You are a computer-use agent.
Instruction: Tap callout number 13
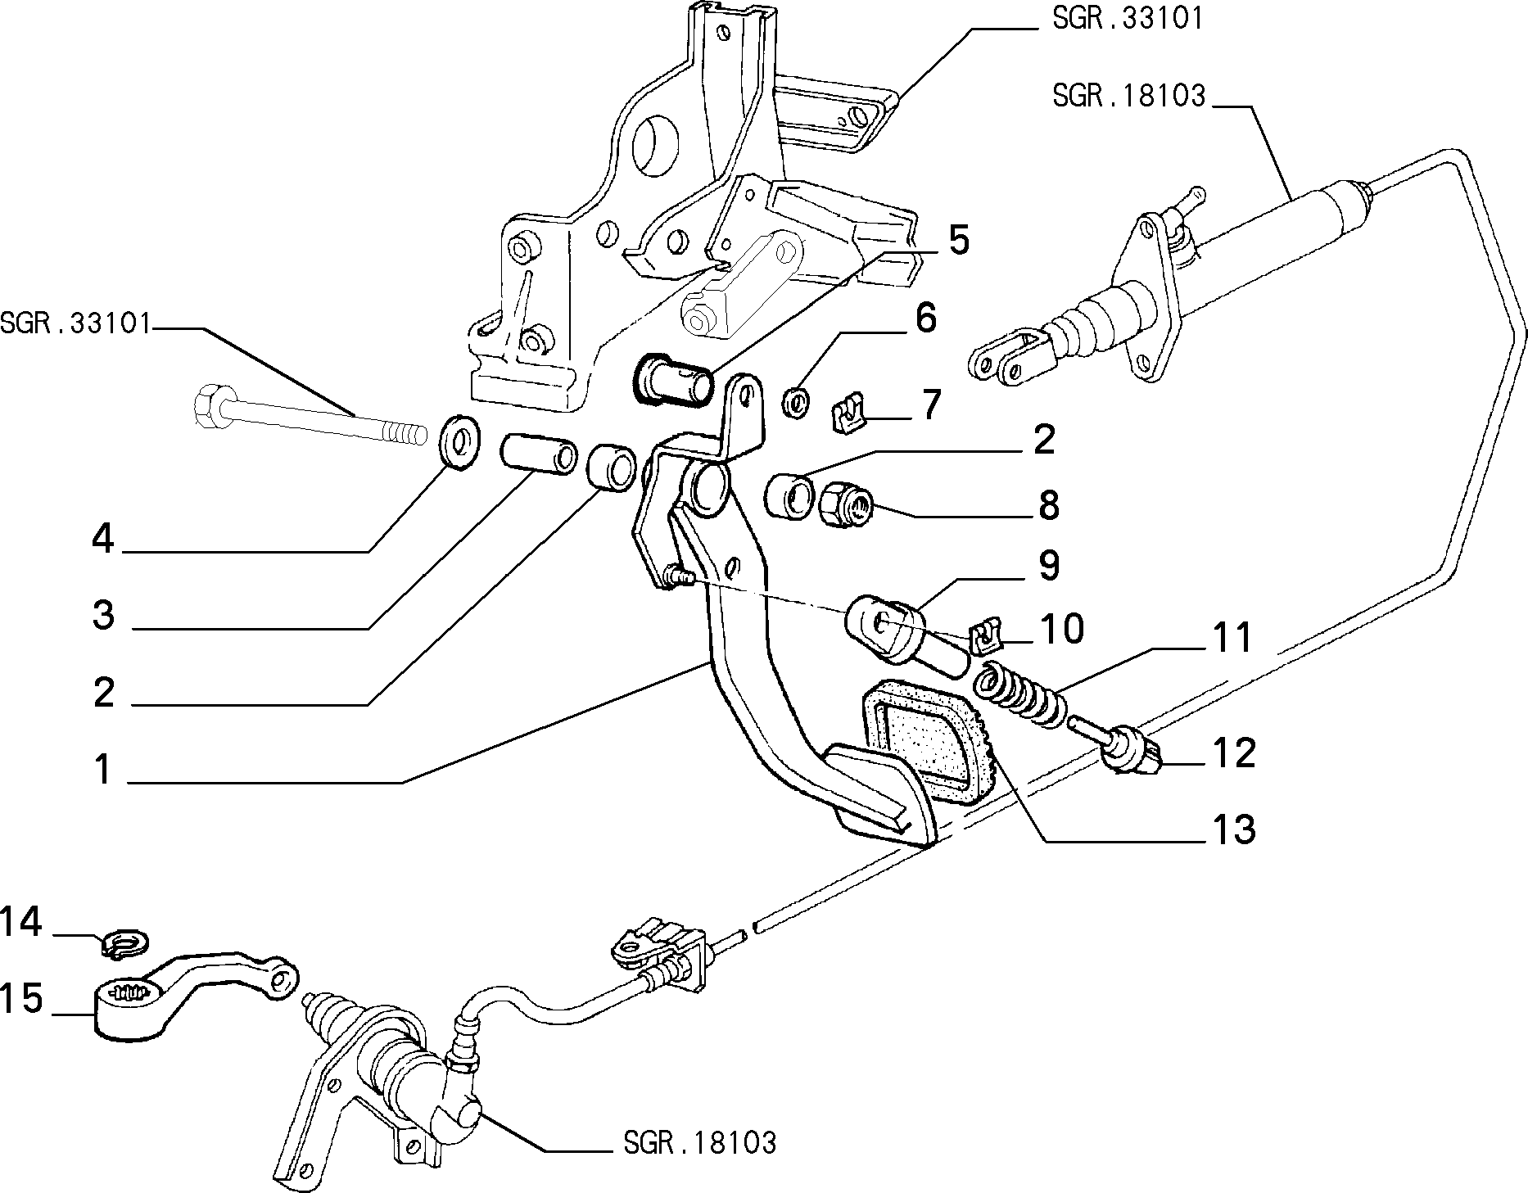click(x=1232, y=829)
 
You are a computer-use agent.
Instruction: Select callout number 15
click(x=21, y=1000)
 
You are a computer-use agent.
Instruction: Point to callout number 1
click(x=102, y=770)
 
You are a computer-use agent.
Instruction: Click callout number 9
click(x=1048, y=566)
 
